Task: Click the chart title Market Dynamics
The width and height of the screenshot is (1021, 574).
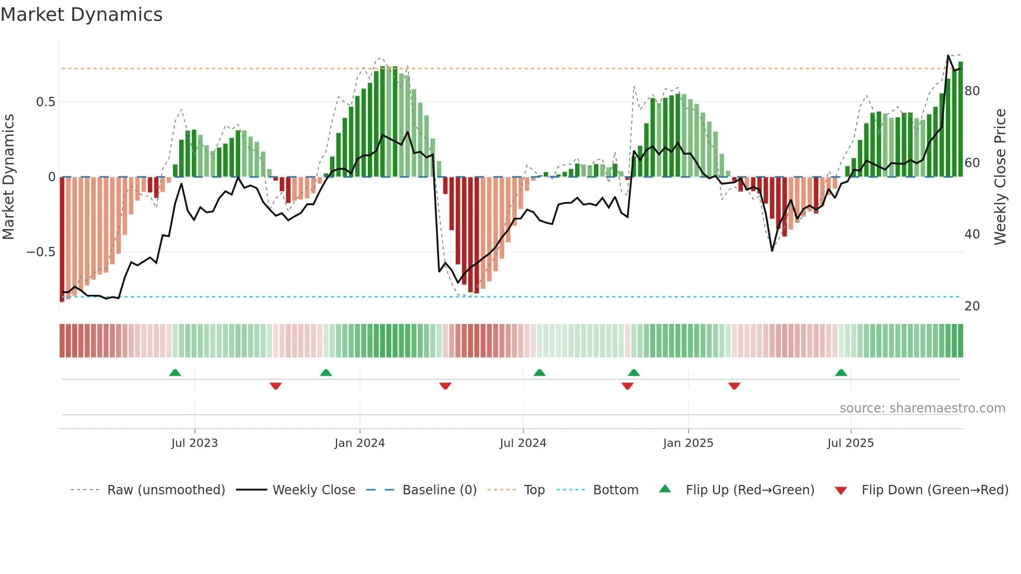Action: (x=81, y=15)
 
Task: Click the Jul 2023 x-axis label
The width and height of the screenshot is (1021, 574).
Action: (x=194, y=443)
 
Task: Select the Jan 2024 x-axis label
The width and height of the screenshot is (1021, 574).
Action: (x=359, y=443)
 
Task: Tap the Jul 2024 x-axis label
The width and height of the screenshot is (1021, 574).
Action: (x=523, y=443)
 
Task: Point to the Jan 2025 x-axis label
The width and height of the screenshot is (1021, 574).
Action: (x=688, y=443)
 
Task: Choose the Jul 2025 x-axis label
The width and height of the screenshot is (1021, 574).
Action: (x=851, y=443)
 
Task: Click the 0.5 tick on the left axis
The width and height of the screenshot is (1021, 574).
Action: (x=45, y=102)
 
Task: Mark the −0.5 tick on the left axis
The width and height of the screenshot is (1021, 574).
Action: (x=41, y=252)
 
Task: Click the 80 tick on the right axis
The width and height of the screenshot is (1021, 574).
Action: (x=972, y=91)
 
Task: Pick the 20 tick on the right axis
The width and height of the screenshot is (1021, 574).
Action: (x=972, y=306)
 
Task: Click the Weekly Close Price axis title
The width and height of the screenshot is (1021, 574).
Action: (x=1000, y=177)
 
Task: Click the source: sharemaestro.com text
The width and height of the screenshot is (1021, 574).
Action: (x=922, y=408)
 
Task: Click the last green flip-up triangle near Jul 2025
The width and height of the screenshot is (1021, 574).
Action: (x=841, y=372)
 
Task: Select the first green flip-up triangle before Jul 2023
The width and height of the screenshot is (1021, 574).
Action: (x=175, y=372)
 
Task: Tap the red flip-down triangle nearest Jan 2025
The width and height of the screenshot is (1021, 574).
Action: (x=734, y=386)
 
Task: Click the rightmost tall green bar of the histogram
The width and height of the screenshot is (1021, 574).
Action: (x=961, y=120)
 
